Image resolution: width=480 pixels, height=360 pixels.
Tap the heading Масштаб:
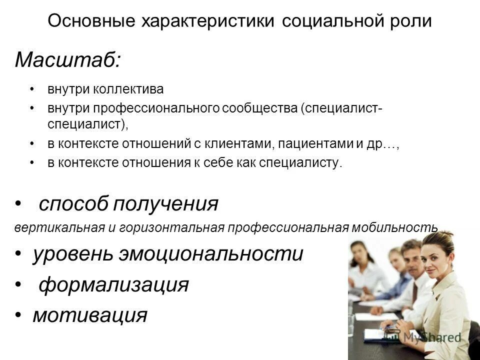(x=67, y=60)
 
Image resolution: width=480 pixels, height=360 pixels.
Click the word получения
(x=165, y=204)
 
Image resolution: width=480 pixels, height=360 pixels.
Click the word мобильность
(x=395, y=227)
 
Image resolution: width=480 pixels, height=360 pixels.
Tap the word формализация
(x=114, y=285)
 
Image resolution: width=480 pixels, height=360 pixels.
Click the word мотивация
(x=90, y=315)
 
